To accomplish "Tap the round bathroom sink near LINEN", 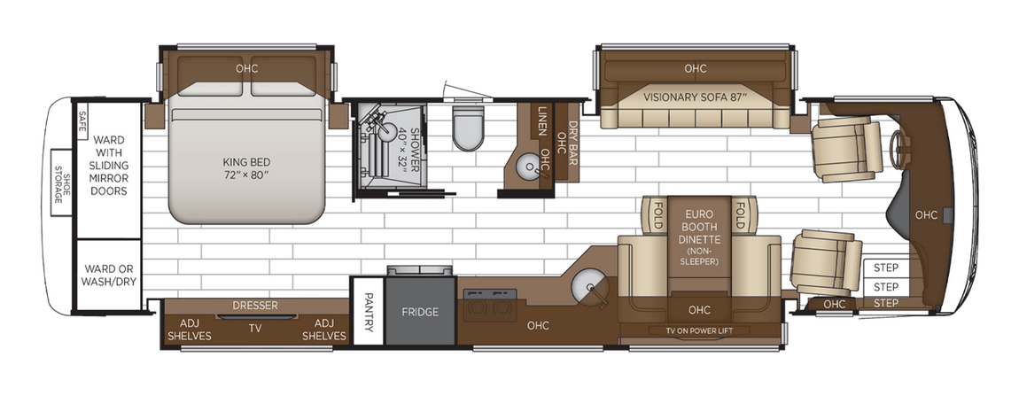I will [529, 165].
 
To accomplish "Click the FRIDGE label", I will [421, 312].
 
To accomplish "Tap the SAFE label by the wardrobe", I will [82, 121].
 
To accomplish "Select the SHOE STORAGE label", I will [61, 189].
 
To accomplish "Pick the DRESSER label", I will [255, 306].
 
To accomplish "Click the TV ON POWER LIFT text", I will [700, 331].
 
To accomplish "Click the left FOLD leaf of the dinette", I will [657, 214].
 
